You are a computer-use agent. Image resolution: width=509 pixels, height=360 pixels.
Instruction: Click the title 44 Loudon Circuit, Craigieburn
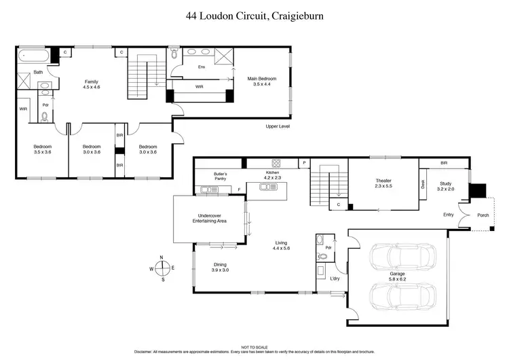pyautogui.click(x=254, y=15)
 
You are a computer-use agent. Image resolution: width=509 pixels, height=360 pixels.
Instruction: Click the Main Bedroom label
pyautogui.click(x=261, y=82)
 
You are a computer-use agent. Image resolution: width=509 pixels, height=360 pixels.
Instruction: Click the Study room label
pyautogui.click(x=445, y=186)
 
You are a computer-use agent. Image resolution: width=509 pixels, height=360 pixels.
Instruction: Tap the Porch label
pyautogui.click(x=483, y=215)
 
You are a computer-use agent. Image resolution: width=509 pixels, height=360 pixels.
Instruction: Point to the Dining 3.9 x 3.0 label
pyautogui.click(x=220, y=268)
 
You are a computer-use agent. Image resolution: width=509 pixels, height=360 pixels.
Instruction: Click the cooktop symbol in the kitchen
pyautogui.click(x=276, y=163)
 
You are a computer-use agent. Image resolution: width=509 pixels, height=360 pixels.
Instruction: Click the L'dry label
pyautogui.click(x=334, y=280)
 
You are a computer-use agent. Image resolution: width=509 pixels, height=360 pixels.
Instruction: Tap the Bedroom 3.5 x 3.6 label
pyautogui.click(x=43, y=149)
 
